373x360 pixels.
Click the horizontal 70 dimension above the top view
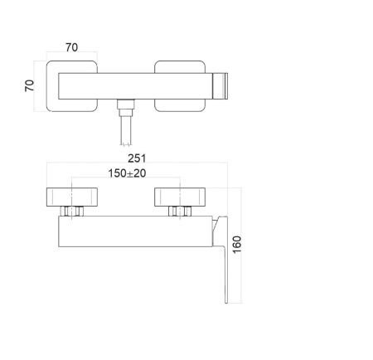coord(72,47)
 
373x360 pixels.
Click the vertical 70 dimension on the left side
coord(29,85)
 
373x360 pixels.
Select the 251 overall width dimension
coord(137,158)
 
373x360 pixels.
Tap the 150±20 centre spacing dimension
coord(127,173)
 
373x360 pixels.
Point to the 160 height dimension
coord(237,245)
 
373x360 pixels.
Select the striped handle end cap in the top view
coord(220,86)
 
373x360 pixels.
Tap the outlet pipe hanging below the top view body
coord(126,130)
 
